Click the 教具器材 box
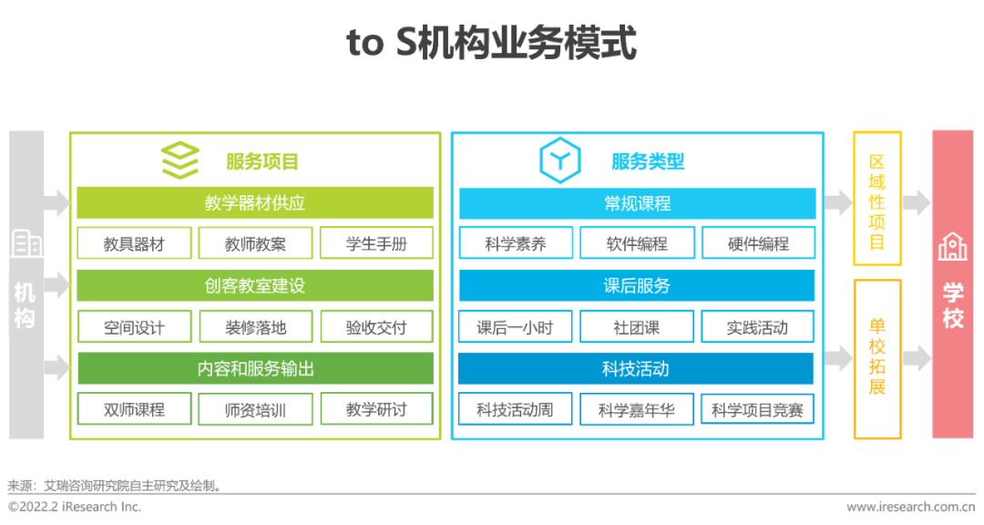134,243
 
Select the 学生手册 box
376,243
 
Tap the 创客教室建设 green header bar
255,285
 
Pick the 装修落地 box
255,326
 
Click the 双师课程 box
134,409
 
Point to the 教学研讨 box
376,409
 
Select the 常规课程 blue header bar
637,203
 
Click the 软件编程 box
637,243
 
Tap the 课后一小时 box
515,326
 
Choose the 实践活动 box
757,326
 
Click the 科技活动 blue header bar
636,368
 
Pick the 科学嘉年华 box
636,409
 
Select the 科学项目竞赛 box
757,409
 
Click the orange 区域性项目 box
877,199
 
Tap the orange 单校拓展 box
877,359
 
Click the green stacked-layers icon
180,160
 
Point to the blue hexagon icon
559,160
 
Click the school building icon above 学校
953,246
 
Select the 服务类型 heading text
648,161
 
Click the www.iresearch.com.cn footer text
910,507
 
